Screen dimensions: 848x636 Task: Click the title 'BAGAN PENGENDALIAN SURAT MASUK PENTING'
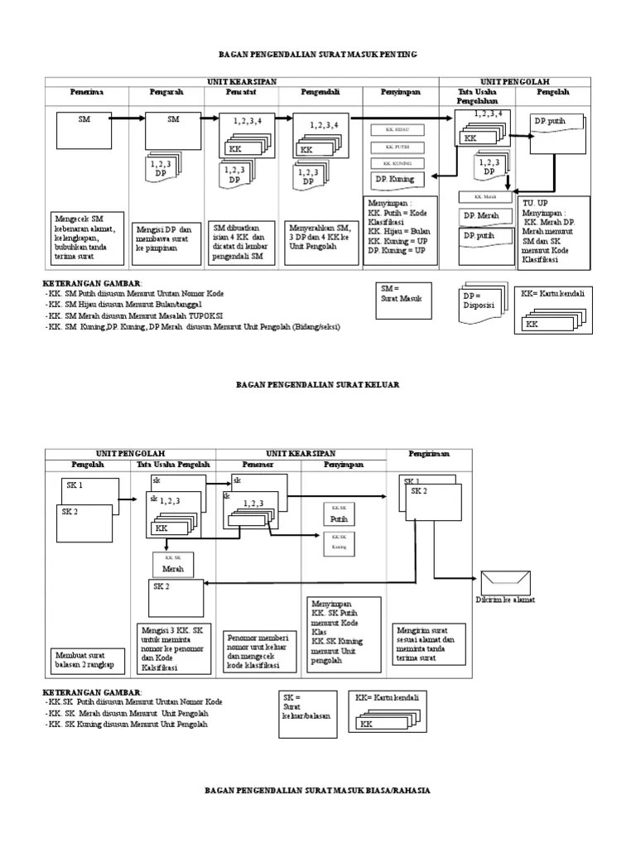[317, 54]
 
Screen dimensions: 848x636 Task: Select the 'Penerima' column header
[86, 91]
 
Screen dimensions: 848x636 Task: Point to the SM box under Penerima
[85, 132]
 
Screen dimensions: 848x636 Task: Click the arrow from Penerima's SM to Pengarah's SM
[128, 118]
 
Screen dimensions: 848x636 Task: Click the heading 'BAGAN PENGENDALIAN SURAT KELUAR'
[318, 385]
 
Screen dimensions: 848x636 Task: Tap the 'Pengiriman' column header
[429, 455]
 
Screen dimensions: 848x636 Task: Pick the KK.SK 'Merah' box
[172, 565]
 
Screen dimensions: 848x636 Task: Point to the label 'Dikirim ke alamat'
[504, 600]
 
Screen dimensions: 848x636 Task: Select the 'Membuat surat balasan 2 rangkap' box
[86, 659]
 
